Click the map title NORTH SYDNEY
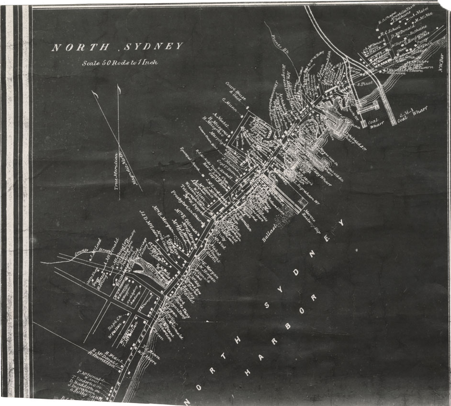pos(117,47)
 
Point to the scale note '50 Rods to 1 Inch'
pos(119,62)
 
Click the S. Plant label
pos(365,83)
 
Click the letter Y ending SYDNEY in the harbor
pos(341,224)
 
